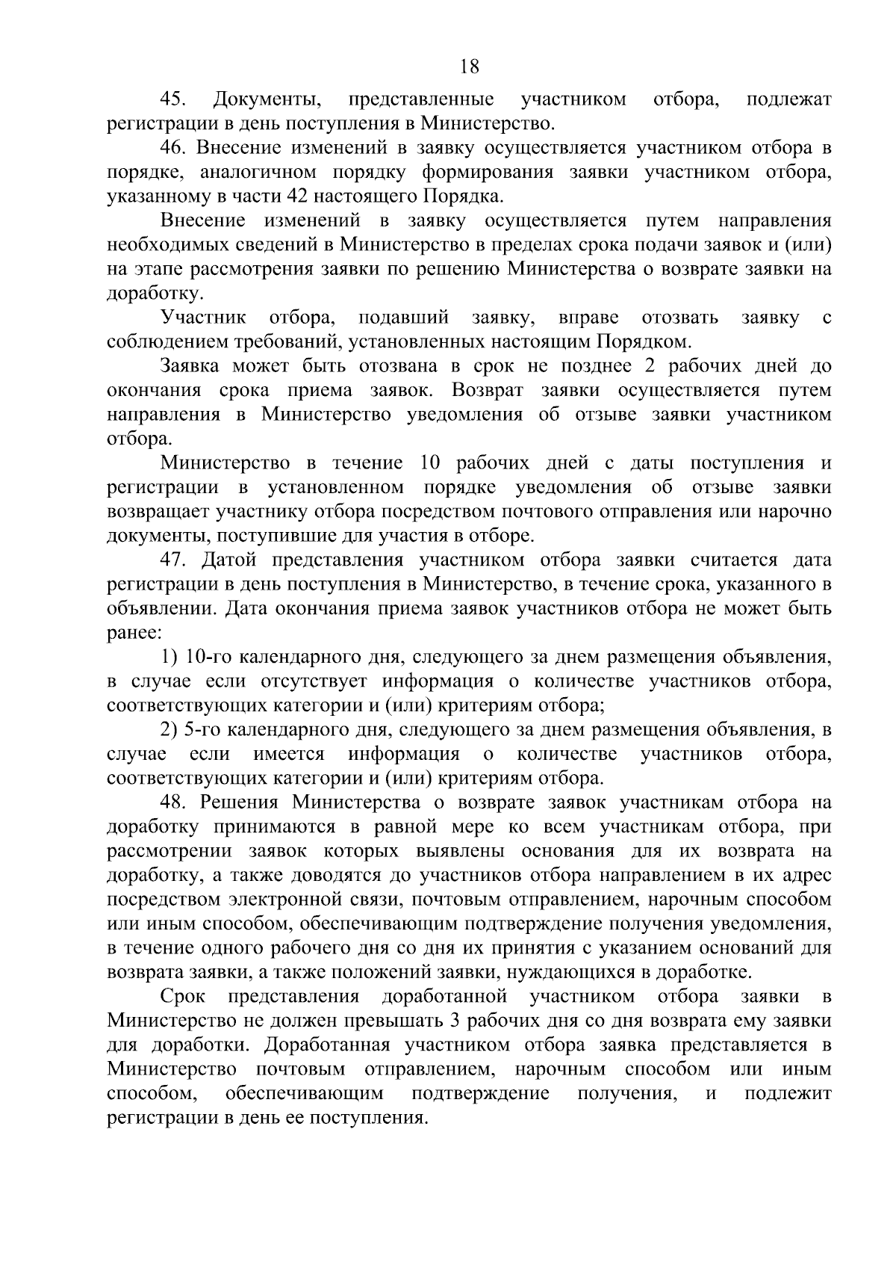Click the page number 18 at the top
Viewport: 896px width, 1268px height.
[469, 67]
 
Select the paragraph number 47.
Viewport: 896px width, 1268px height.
[176, 560]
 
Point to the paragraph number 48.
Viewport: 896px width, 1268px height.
[176, 803]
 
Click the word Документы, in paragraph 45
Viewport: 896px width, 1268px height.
[267, 100]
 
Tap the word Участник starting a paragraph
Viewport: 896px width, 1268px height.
[204, 318]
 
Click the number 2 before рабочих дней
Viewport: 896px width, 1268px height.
[647, 366]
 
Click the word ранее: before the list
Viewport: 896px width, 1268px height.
[134, 633]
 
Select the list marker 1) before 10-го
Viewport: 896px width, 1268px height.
[169, 658]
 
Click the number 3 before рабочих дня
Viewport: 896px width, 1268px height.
[456, 1021]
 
